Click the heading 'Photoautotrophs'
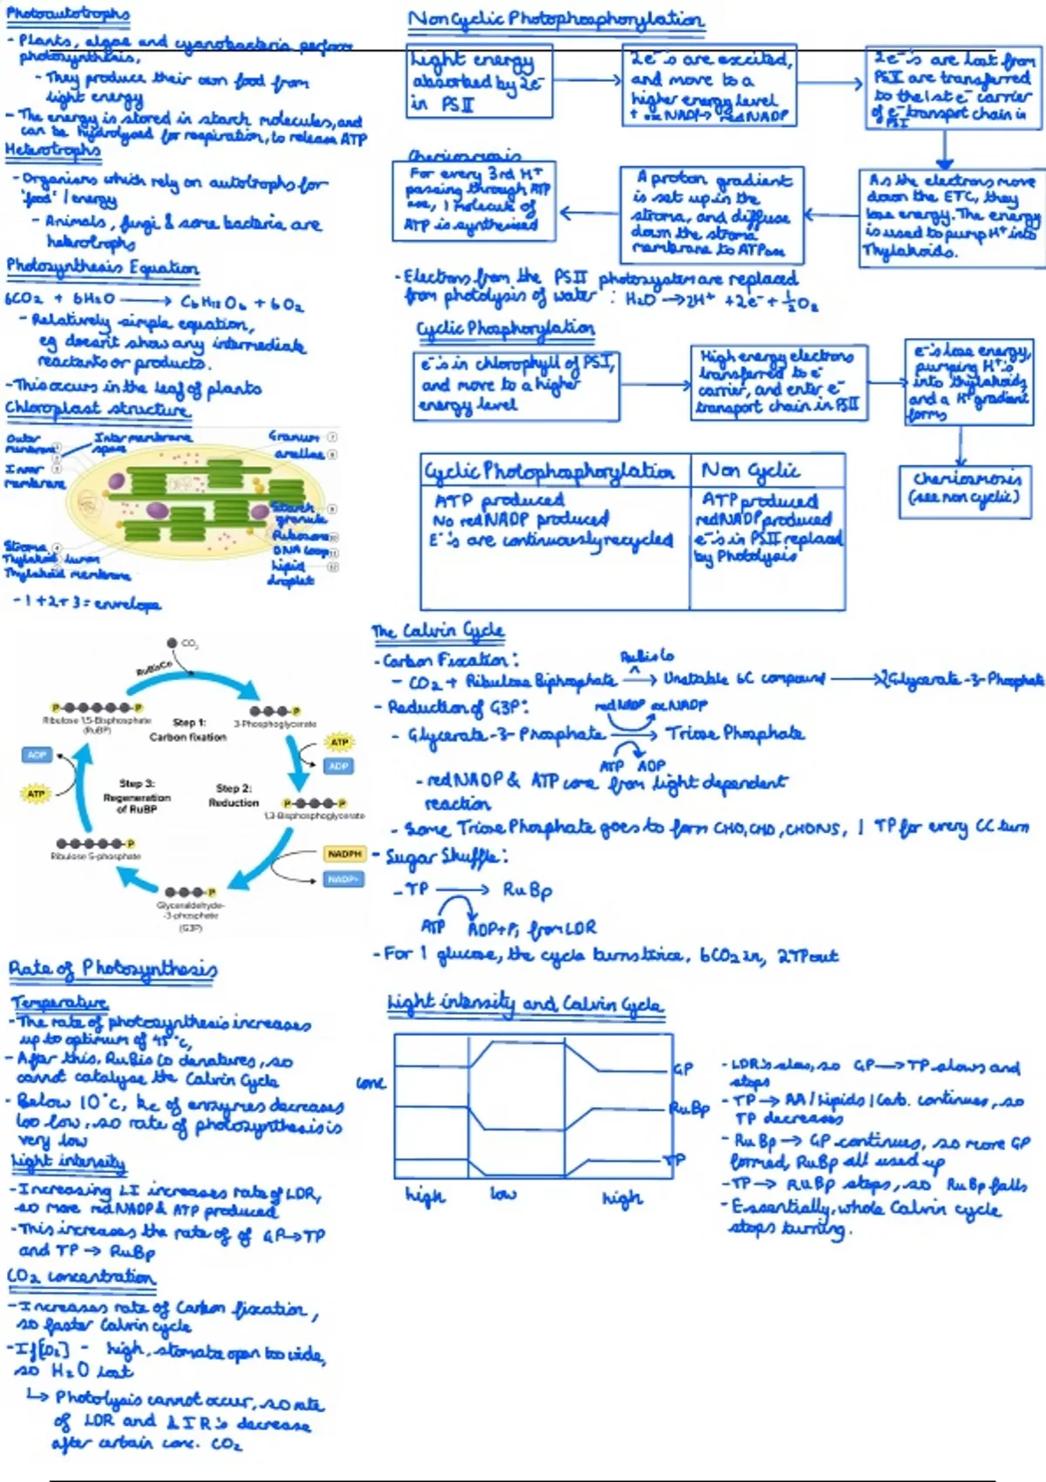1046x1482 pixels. pos(67,14)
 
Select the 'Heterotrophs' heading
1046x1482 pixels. pos(52,150)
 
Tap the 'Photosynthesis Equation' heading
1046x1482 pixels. pos(102,267)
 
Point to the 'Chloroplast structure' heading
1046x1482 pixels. pos(97,408)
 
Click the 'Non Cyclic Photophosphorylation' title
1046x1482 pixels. pos(556,19)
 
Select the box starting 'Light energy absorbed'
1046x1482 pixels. pos(479,81)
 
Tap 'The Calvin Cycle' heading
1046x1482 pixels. pos(438,630)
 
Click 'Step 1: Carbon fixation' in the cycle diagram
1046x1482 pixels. pos(188,730)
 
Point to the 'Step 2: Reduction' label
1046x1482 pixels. pos(234,795)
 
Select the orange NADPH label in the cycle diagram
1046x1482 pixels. pos(344,854)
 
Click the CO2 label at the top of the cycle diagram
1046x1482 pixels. pos(189,644)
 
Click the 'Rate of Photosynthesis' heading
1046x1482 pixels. pos(112,969)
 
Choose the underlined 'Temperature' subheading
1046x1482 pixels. pos(59,1003)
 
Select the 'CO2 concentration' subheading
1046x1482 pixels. pos(81,1277)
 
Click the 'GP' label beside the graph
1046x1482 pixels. pos(683,1068)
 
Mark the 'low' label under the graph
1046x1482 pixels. pos(503,1193)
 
